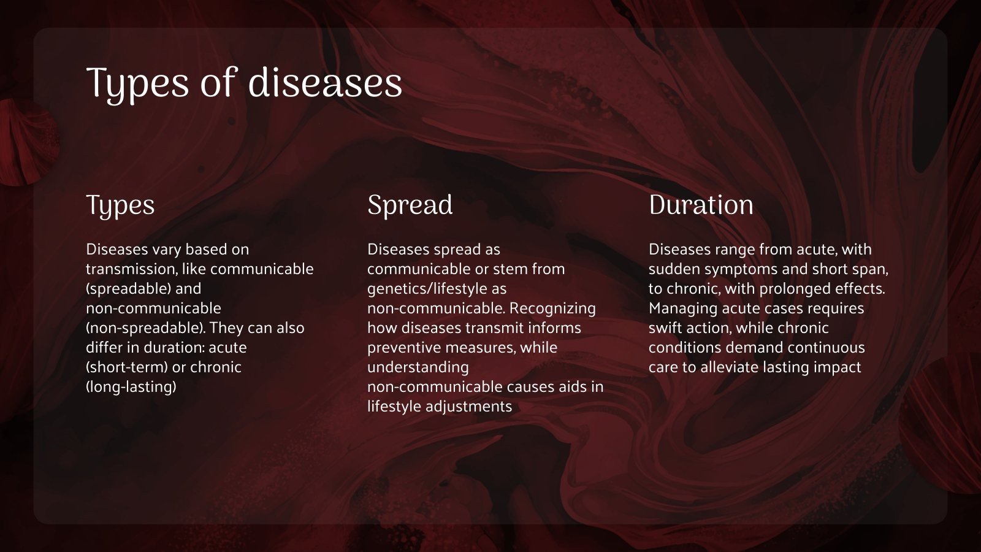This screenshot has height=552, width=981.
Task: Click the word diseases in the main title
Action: pos(325,83)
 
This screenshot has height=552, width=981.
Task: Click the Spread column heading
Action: pos(410,205)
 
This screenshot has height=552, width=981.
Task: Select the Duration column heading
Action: pos(701,205)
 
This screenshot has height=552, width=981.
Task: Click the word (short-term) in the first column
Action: pos(126,367)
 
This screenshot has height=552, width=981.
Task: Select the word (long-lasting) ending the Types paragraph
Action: pos(131,386)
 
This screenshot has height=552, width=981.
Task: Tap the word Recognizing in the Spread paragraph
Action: pos(552,308)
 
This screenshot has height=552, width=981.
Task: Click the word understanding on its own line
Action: pos(418,367)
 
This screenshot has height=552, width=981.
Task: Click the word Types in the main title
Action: pos(139,83)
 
